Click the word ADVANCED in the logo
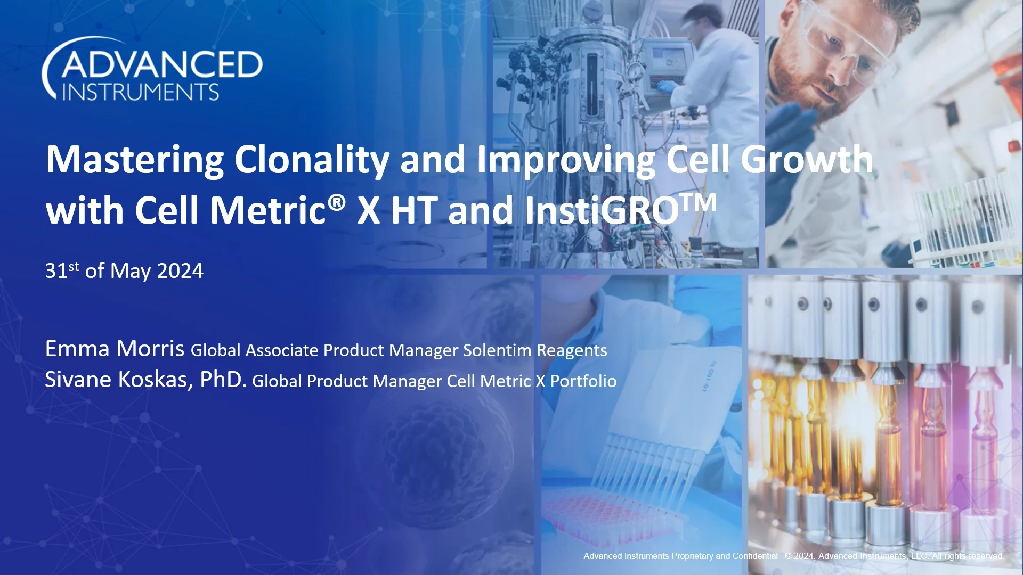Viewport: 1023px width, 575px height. pyautogui.click(x=162, y=65)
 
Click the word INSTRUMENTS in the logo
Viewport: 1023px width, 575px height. pyautogui.click(x=141, y=92)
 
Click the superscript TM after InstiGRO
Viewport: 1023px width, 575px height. pyautogui.click(x=699, y=202)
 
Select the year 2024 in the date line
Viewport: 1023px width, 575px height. pyautogui.click(x=180, y=272)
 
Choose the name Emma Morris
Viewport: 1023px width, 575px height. pyautogui.click(x=115, y=349)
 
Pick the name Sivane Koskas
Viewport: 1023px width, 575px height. pyautogui.click(x=118, y=380)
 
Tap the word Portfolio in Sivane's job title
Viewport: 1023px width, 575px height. pyautogui.click(x=583, y=381)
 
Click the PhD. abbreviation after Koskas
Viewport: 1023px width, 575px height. pyautogui.click(x=223, y=380)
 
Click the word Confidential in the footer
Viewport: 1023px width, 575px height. pyautogui.click(x=755, y=556)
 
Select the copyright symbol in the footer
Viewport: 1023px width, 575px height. pyautogui.click(x=788, y=556)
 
